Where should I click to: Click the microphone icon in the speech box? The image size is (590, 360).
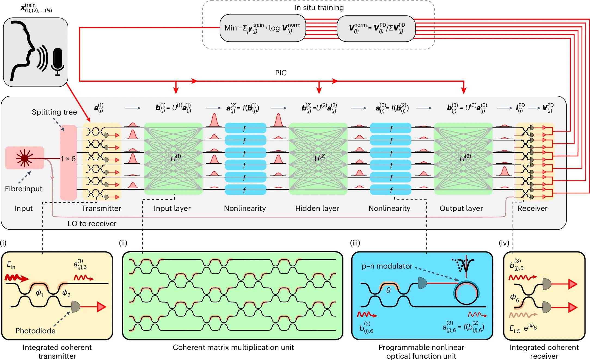click(57, 61)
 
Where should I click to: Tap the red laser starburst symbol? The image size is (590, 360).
click(24, 158)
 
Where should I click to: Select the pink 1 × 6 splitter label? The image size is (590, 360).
click(68, 159)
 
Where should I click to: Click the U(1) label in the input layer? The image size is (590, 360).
click(176, 158)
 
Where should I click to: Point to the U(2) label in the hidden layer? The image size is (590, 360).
click(320, 158)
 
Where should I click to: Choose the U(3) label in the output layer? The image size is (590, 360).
click(465, 158)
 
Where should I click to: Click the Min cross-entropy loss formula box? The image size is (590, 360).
click(262, 28)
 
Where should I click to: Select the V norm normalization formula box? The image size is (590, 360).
click(376, 28)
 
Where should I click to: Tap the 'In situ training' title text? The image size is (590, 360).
click(319, 8)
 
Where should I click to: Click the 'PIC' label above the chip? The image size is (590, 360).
click(281, 73)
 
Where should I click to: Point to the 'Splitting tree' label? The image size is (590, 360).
click(54, 112)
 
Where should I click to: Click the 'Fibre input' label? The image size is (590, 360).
click(24, 189)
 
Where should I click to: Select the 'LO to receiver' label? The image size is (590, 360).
click(92, 224)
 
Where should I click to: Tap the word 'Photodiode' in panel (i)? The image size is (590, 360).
click(35, 331)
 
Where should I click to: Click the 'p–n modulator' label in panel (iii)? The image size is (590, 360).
click(387, 266)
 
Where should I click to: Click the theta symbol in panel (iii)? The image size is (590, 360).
click(388, 291)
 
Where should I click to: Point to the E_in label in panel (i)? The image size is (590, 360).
click(11, 264)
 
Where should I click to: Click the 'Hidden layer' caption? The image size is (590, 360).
click(317, 208)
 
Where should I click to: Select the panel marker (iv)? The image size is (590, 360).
click(504, 243)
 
